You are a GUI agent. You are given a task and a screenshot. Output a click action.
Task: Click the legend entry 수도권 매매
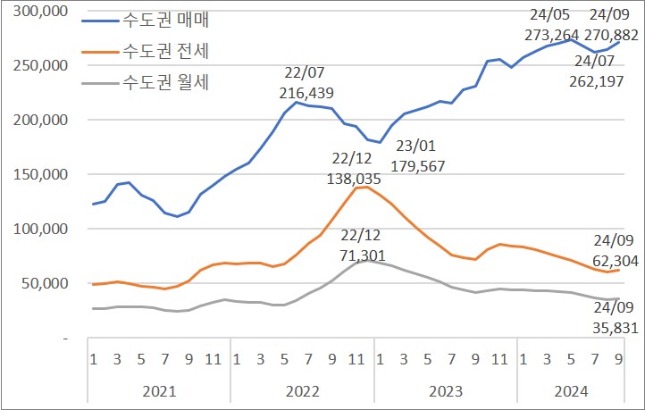click(x=171, y=19)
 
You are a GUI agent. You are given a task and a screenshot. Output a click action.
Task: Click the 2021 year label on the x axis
click(x=159, y=390)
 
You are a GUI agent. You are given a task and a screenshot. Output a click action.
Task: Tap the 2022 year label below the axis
click(x=302, y=390)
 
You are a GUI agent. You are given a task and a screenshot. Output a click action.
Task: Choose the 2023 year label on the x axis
click(x=445, y=390)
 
